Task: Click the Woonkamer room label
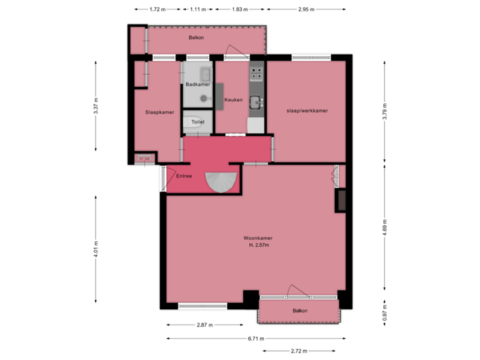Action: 258,238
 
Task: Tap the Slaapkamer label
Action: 159,112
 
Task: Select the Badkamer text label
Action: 198,85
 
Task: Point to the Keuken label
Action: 233,100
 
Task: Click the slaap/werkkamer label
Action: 307,111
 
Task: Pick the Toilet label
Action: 197,123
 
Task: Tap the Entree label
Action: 184,176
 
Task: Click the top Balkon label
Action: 196,38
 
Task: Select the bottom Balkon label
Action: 300,311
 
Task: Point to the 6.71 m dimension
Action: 255,338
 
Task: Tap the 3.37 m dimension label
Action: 96,109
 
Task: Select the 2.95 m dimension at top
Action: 307,10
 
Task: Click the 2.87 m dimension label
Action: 204,325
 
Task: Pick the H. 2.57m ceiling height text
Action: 258,245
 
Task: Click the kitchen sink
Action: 255,102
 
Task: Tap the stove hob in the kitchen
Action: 255,71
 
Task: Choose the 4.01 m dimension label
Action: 96,249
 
